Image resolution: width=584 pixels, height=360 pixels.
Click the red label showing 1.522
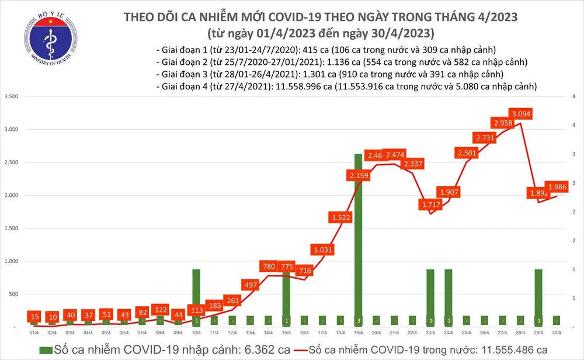click(340, 218)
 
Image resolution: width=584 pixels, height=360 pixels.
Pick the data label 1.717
click(431, 205)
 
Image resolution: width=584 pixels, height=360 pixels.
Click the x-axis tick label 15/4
click(286, 333)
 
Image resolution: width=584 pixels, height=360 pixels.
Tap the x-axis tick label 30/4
click(557, 333)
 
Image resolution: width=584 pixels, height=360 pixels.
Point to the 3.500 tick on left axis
click(11, 96)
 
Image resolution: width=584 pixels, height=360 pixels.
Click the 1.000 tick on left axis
click(11, 261)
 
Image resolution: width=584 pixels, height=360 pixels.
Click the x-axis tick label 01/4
click(33, 333)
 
